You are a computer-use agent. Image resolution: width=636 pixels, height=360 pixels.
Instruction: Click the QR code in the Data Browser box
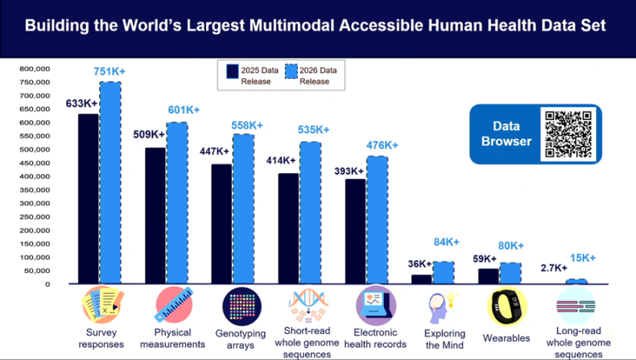coord(569,134)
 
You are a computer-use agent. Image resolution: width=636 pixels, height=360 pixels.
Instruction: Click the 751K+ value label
coord(110,72)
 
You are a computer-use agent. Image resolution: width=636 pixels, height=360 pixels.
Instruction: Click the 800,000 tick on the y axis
coord(35,69)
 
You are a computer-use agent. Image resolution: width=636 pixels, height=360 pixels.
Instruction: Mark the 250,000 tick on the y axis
coord(35,217)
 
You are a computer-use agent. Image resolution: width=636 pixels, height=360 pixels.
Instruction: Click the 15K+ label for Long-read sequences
coord(583,258)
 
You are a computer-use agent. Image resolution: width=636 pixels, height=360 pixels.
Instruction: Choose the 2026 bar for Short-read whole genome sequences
coord(310,213)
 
